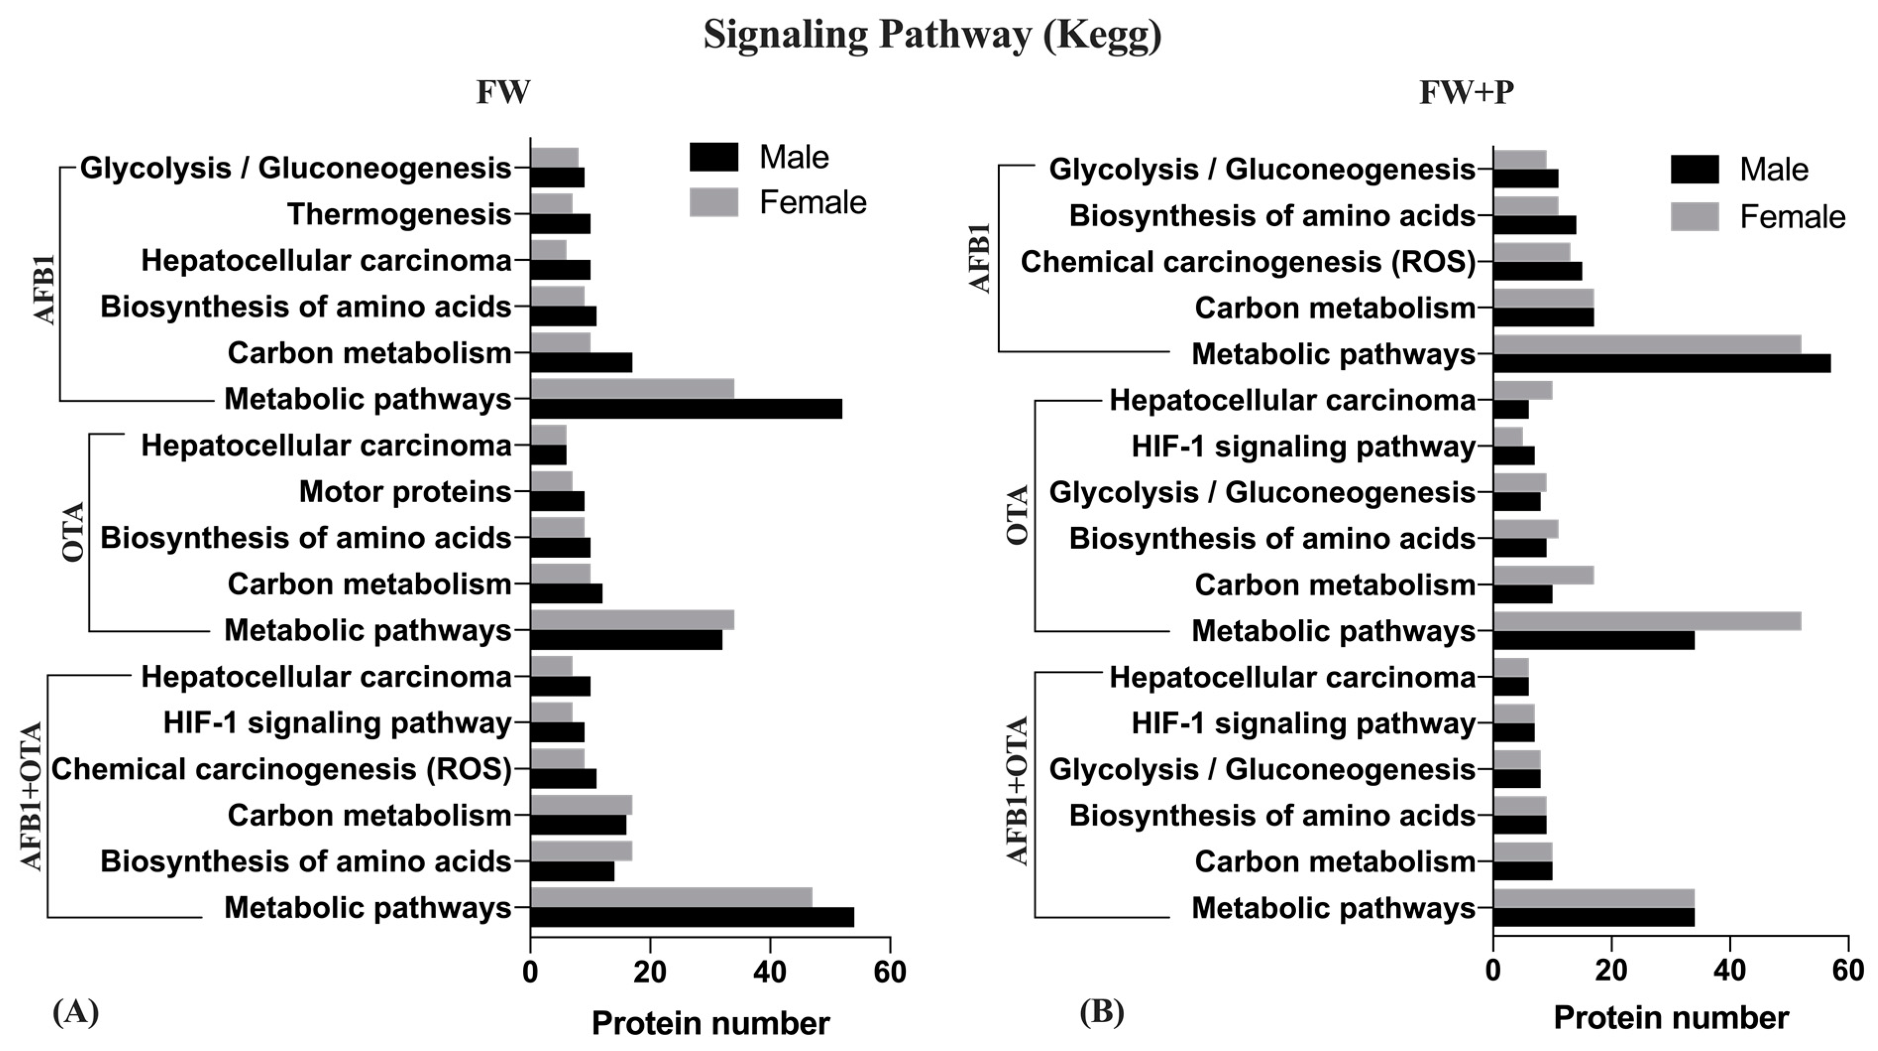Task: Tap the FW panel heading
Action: pyautogui.click(x=503, y=93)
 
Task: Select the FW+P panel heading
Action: pyautogui.click(x=1466, y=93)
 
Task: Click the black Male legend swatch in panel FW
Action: pyautogui.click(x=714, y=157)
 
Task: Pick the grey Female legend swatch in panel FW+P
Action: pyautogui.click(x=1694, y=217)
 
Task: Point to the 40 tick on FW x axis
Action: pyautogui.click(x=770, y=972)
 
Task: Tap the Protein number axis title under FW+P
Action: pyautogui.click(x=1671, y=1018)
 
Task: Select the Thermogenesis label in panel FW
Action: pyautogui.click(x=399, y=215)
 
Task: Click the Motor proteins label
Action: pyautogui.click(x=405, y=492)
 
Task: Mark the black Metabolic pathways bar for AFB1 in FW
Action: pyautogui.click(x=686, y=409)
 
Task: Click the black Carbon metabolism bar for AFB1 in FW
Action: pyautogui.click(x=581, y=362)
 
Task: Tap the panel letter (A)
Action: pyautogui.click(x=75, y=1012)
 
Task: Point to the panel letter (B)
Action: pyautogui.click(x=1102, y=1012)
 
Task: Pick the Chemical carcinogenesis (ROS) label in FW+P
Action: pyautogui.click(x=1247, y=262)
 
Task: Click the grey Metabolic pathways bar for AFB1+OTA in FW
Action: pyautogui.click(x=671, y=898)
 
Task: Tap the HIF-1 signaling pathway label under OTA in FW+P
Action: pyautogui.click(x=1303, y=446)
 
